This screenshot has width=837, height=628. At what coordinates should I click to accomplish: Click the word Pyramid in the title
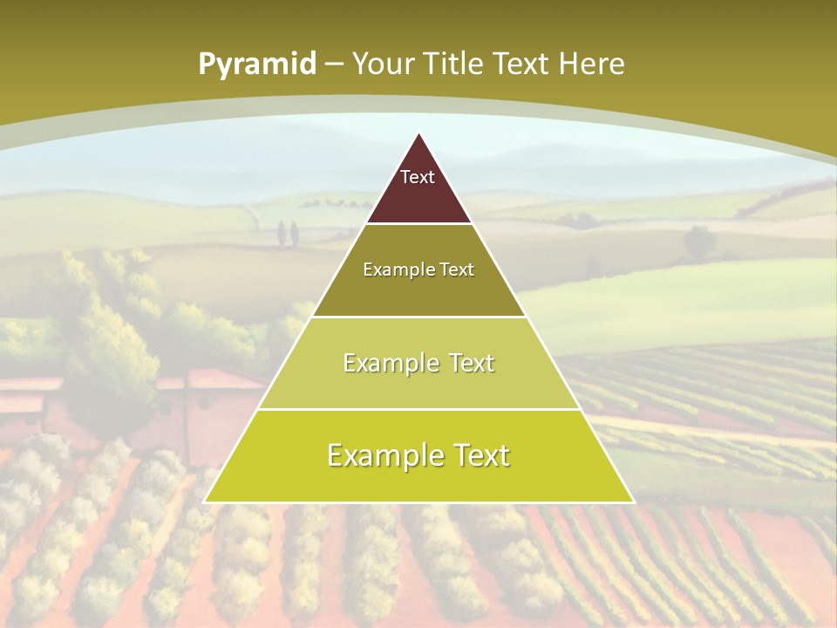tap(256, 65)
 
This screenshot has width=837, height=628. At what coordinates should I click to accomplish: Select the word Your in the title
tap(384, 65)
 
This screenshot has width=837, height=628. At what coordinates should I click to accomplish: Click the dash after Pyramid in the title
tap(333, 65)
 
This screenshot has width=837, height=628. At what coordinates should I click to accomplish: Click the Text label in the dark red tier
tap(418, 177)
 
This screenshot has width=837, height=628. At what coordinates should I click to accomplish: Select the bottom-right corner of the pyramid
tap(633, 502)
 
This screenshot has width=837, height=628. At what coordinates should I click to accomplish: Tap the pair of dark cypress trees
tap(288, 233)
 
